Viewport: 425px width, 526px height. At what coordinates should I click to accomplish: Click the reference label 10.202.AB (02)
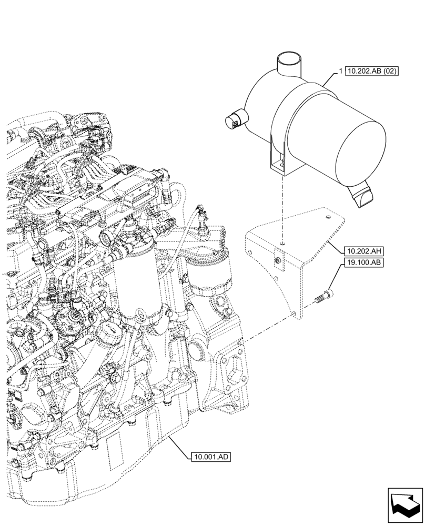click(374, 71)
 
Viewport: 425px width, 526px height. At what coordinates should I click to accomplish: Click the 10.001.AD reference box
click(210, 457)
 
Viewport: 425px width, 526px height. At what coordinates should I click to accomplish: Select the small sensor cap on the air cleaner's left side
click(234, 119)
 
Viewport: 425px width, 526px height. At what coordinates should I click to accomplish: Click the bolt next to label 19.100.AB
click(322, 298)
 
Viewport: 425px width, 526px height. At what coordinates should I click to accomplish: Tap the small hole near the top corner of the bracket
click(327, 216)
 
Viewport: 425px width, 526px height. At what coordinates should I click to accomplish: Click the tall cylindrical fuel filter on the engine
click(138, 284)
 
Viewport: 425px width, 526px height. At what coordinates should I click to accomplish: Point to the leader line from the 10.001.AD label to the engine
click(177, 444)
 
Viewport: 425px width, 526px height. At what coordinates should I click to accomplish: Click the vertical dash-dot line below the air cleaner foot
click(282, 210)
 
